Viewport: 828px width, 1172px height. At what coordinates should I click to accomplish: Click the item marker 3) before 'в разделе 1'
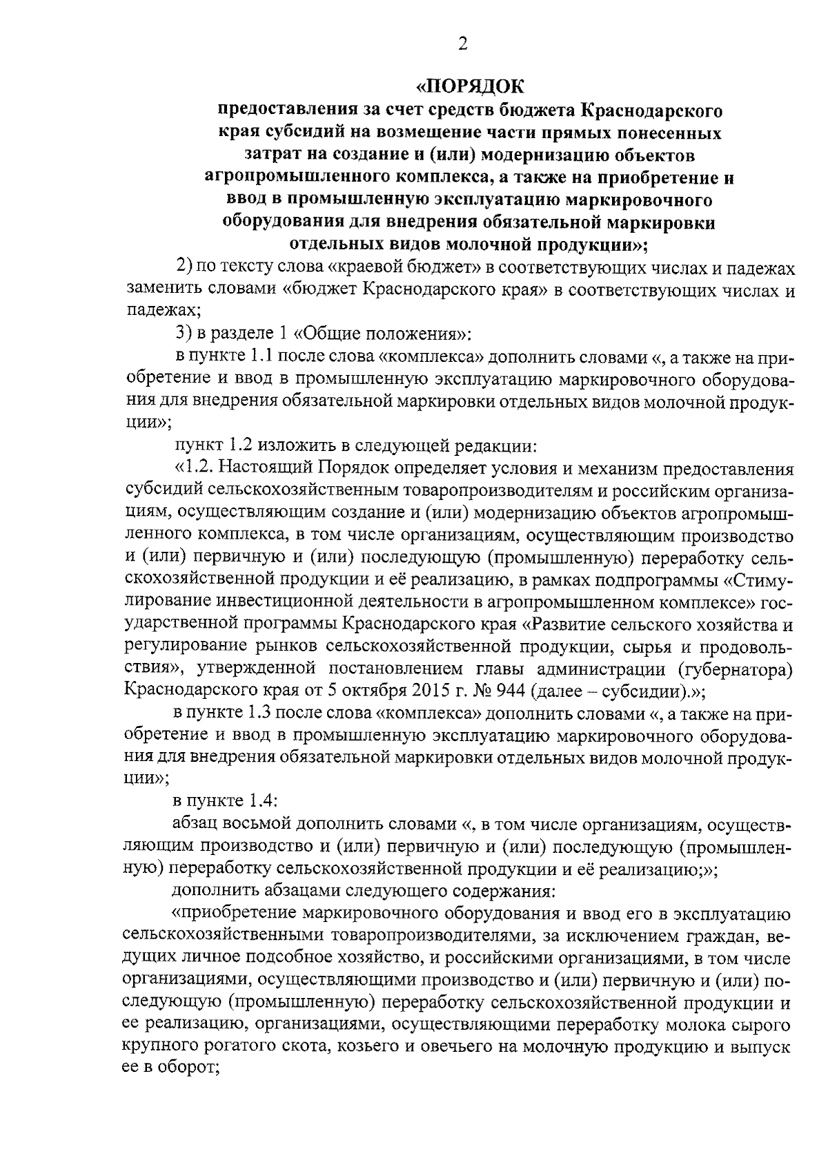[x=184, y=335]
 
